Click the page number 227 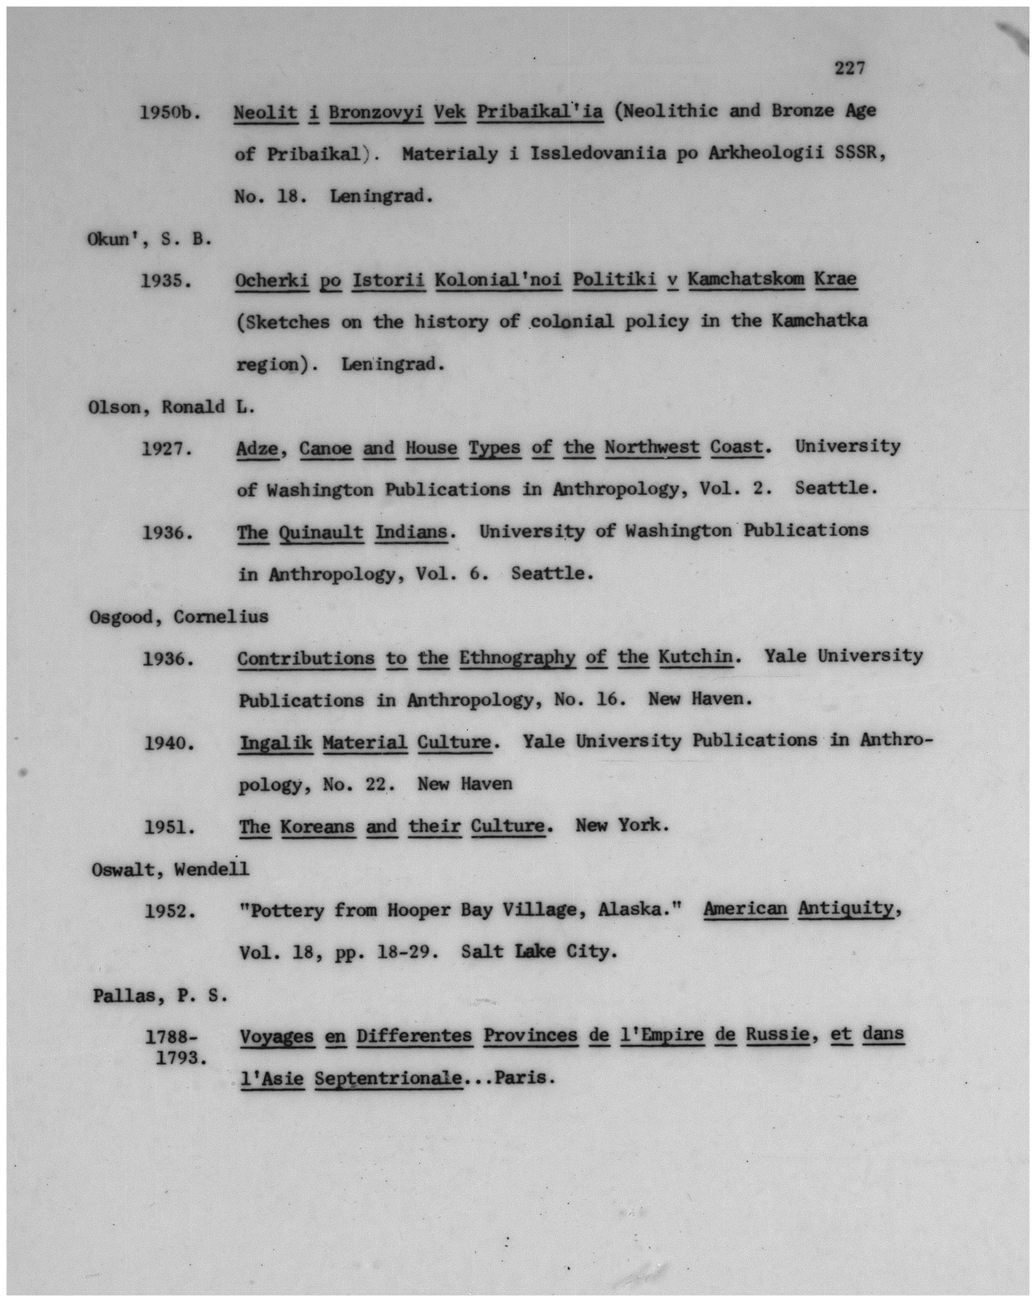click(x=849, y=68)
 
